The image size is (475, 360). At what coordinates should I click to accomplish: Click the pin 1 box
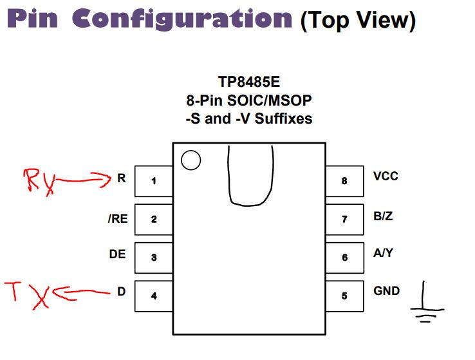point(153,181)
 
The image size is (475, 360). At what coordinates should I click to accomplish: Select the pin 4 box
point(153,296)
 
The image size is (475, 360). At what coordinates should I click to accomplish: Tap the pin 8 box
point(344,181)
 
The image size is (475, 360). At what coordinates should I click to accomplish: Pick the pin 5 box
point(344,296)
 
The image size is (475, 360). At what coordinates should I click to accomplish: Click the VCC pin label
point(386,176)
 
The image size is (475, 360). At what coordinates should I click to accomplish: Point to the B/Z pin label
point(383,216)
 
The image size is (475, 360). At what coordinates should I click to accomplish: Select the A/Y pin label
point(383,253)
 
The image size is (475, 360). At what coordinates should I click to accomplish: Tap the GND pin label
point(386,291)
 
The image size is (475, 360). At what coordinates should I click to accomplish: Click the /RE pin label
point(118,219)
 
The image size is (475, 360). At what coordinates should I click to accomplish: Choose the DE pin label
point(117,254)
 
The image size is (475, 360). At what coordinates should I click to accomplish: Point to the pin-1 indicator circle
point(191,160)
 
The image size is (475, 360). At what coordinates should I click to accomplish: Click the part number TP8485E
point(249,83)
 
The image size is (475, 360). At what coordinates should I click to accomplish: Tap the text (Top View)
point(357,21)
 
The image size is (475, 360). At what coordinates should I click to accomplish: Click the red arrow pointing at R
point(84,181)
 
